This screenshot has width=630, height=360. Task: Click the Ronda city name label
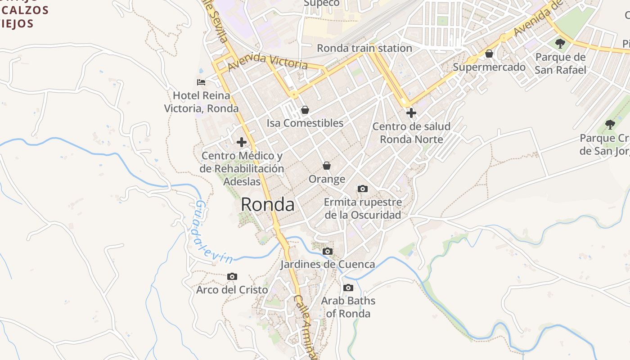pos(268,205)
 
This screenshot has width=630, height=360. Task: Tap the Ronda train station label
pos(364,48)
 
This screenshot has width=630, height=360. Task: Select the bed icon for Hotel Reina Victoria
pos(201,82)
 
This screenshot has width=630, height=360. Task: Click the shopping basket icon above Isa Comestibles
pos(305,109)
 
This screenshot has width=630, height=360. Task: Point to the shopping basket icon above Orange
pos(327,166)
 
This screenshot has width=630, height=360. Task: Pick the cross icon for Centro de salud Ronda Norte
pos(411,112)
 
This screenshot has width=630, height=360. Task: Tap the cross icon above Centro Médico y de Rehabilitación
pos(242,142)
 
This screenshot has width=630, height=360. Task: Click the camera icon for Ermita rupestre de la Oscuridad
pos(362,189)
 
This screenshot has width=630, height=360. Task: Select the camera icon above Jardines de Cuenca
pos(328,251)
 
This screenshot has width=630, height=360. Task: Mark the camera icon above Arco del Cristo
pos(232,276)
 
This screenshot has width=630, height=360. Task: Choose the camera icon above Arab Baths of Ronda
pos(348,288)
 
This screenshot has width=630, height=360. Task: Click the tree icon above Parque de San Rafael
pos(560,44)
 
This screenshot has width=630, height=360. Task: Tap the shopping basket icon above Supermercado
pos(489,54)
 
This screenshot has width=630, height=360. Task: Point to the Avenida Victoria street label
pos(268,63)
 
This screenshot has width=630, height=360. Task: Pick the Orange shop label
pos(327,179)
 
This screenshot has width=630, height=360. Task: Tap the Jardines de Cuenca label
pos(328,264)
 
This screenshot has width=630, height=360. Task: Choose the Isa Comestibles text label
pos(305,123)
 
